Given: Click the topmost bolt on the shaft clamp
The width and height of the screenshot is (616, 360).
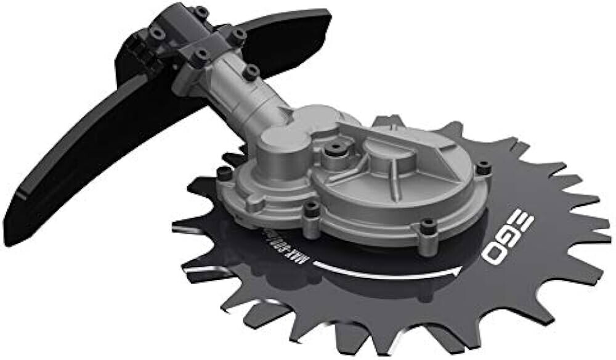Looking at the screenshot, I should click(201, 11).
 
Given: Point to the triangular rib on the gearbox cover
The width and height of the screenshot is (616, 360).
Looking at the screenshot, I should click(394, 148).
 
